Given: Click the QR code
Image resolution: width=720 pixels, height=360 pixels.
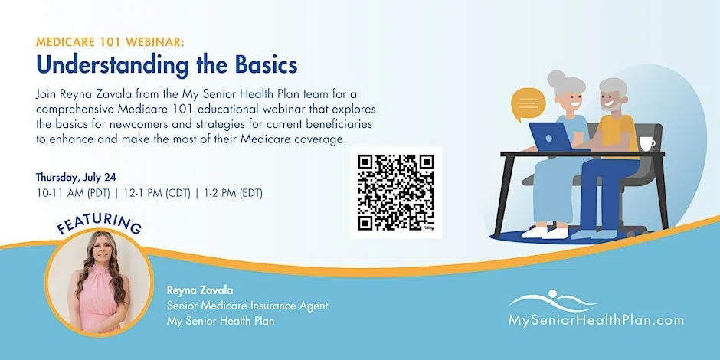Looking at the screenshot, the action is coord(396,192).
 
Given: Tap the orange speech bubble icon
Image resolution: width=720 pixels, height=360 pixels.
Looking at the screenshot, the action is coord(528,103).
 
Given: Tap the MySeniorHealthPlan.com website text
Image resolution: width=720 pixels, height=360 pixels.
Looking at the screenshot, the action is coord(596,320).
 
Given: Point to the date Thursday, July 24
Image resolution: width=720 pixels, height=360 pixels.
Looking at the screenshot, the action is coord(77,178).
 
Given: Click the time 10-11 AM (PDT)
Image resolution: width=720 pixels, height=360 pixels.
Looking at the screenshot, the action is coord(74,194).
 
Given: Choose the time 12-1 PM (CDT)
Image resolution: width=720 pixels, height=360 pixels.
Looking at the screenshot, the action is coord(155,194).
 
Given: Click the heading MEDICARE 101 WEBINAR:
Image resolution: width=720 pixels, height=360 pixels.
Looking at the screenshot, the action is coord(110,43).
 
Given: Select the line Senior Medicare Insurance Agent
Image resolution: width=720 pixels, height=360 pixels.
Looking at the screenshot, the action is coord(247,306).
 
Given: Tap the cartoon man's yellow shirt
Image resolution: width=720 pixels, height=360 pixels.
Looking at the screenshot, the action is coord(618,133).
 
